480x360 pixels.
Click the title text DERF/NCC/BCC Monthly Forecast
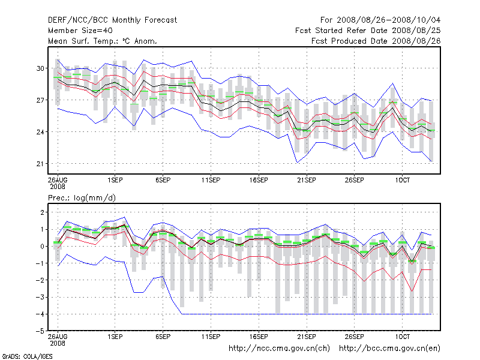[112, 20]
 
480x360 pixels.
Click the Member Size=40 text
[80, 31]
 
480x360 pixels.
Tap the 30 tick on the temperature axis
[41, 68]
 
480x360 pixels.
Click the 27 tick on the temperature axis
[41, 100]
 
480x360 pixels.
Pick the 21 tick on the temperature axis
[41, 164]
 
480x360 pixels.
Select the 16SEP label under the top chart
[259, 180]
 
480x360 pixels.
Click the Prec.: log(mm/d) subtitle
[82, 197]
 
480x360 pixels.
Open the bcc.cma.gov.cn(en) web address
[389, 348]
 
